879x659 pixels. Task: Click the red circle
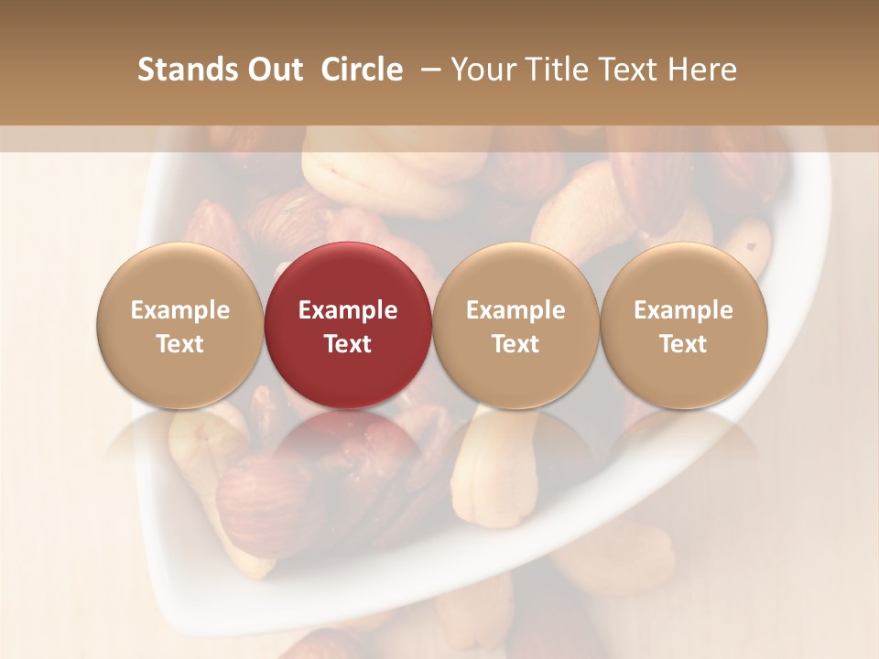point(348,325)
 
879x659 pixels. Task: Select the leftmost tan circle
point(179,325)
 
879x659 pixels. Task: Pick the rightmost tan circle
point(684,325)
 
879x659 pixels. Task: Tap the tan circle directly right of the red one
point(515,325)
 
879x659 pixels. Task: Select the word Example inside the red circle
point(348,310)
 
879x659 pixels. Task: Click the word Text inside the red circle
point(348,343)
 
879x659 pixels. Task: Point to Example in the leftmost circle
point(179,310)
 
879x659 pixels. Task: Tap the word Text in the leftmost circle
point(179,343)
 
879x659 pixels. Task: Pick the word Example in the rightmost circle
point(684,310)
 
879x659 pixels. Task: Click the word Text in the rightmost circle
point(684,343)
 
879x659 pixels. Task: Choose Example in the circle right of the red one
point(515,310)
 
